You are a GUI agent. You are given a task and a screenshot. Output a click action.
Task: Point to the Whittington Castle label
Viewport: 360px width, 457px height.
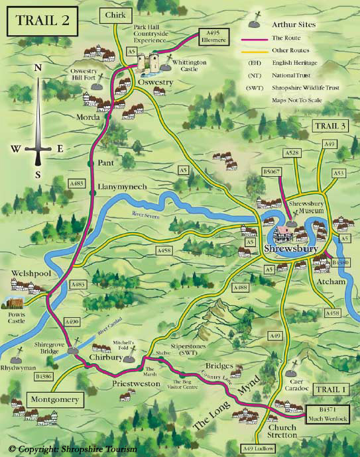click(187, 64)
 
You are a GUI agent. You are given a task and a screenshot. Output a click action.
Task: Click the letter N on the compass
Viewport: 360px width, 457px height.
click(38, 68)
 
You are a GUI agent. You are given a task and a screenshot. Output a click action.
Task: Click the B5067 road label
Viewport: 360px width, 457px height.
click(272, 172)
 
